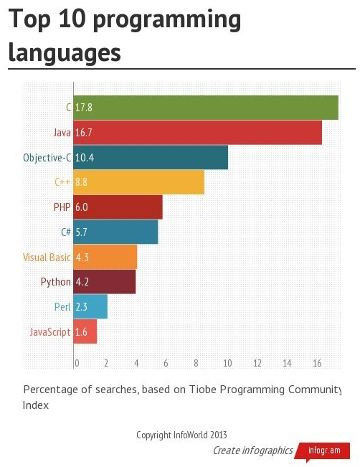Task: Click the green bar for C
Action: pos(206,108)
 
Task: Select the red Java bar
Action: pos(198,133)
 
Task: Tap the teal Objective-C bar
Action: pos(151,158)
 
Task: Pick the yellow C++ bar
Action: pos(139,182)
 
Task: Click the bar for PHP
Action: pos(118,207)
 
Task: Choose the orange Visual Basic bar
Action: pos(105,257)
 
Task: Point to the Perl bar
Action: pos(90,307)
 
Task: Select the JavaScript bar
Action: pos(85,331)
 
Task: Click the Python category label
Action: pos(56,282)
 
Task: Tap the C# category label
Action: pos(66,232)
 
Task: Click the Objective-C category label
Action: pos(47,158)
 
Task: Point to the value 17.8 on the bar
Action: pos(84,108)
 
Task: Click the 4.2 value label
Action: pos(82,282)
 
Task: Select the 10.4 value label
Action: pos(85,158)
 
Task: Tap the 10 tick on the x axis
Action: pos(227,364)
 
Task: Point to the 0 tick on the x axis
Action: pos(77,364)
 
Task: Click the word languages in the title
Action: pos(65,52)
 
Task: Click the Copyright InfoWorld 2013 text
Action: pos(181,435)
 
